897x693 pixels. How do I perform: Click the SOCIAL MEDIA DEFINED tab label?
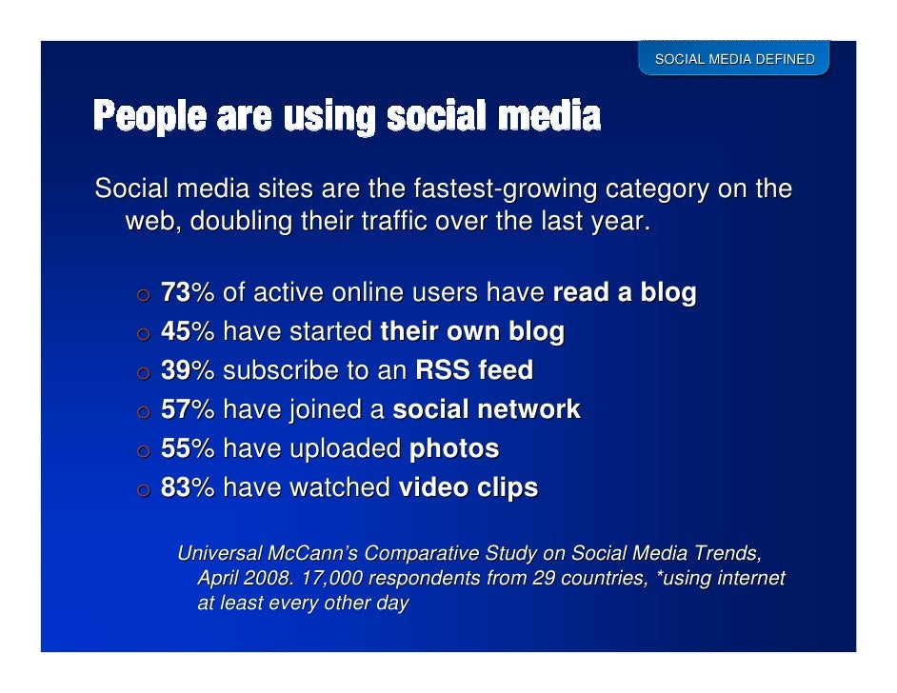733,59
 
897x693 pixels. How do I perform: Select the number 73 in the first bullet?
175,292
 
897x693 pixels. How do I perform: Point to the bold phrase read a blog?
624,292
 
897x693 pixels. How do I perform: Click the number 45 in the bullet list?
175,331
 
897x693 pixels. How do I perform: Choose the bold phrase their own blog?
471,331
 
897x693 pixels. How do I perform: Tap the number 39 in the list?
175,370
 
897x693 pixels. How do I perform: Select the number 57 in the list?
175,409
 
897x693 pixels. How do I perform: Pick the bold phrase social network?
486,409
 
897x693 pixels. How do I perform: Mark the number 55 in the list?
175,448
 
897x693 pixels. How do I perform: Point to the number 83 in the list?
175,488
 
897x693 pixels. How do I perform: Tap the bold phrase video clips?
468,488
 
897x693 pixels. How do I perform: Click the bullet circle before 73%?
142,294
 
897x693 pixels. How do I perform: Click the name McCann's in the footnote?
313,553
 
